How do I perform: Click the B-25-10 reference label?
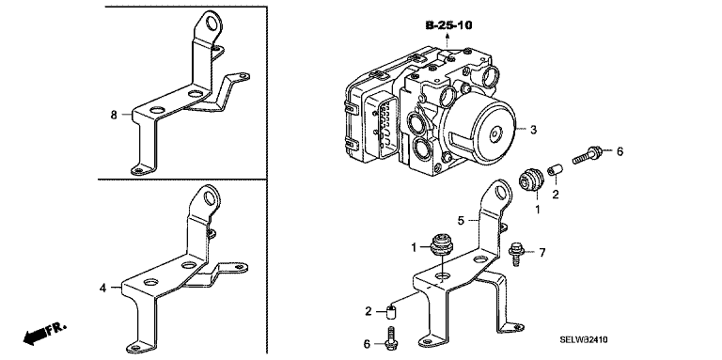(448, 24)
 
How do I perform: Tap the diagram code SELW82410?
(584, 339)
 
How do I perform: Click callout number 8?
(114, 115)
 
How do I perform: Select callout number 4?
(102, 289)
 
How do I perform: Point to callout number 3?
(533, 130)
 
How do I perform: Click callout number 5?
(461, 221)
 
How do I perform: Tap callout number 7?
(541, 252)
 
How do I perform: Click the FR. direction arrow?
(45, 334)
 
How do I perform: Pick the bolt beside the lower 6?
(390, 338)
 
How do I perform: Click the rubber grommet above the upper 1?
(531, 180)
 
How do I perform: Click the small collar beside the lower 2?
(391, 314)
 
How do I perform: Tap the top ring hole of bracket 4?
(209, 198)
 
